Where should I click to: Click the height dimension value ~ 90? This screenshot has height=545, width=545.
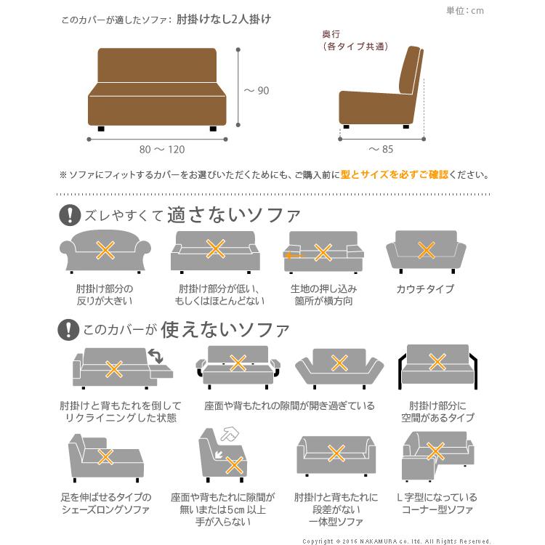click(x=257, y=91)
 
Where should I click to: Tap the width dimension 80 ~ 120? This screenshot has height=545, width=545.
click(x=162, y=150)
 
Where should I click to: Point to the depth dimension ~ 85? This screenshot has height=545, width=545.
click(x=381, y=150)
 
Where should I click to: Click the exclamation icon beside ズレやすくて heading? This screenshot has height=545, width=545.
click(x=69, y=215)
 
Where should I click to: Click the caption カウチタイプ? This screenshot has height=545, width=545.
click(x=425, y=289)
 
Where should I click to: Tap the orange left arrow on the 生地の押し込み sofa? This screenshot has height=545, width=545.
click(x=294, y=256)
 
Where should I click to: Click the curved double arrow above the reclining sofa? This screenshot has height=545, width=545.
click(x=155, y=355)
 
